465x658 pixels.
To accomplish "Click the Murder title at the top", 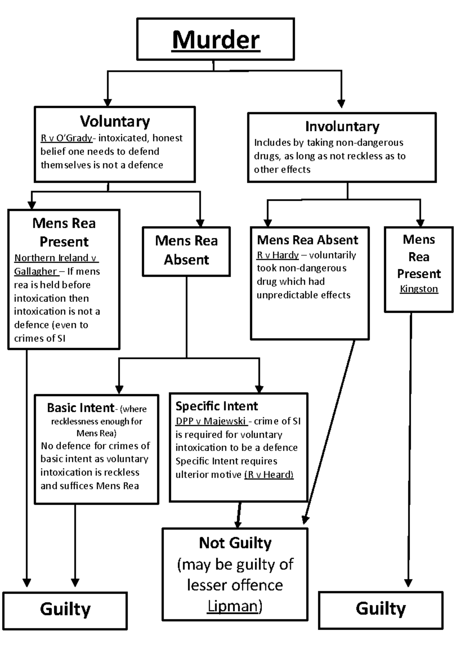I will click(x=216, y=40).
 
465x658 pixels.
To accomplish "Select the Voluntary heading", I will click(x=115, y=121).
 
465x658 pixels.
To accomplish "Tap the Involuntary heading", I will click(x=342, y=126).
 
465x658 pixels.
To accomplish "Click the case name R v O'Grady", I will click(x=66, y=138).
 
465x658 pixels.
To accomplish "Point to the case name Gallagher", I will click(x=35, y=271).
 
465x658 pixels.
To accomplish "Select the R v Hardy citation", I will click(x=277, y=255).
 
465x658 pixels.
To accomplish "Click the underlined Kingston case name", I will click(x=418, y=289).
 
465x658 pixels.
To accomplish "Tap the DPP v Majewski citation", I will click(x=210, y=421).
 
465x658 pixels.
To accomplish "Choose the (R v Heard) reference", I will click(x=269, y=474).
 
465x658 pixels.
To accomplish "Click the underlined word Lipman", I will click(x=232, y=606).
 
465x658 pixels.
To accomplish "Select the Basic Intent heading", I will click(x=81, y=408).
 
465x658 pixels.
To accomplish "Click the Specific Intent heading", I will click(x=216, y=406).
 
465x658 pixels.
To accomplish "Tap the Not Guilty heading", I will click(x=235, y=543).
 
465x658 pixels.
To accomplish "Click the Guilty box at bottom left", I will click(x=65, y=610).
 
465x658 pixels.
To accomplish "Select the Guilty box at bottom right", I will click(x=381, y=609).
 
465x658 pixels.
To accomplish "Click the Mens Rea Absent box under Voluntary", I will click(x=186, y=251).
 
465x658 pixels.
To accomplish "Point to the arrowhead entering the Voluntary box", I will click(x=108, y=103).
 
